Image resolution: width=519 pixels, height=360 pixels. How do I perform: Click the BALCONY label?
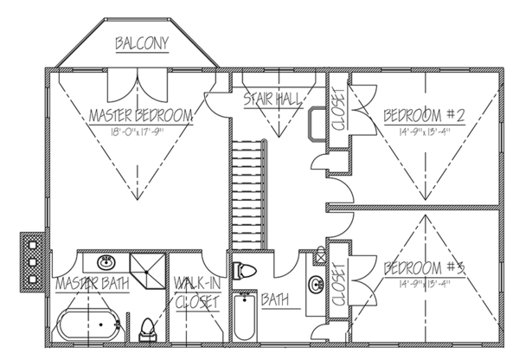142,43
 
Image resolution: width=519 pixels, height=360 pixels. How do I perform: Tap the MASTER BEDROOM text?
140,115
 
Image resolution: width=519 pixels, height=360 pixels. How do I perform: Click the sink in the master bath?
106,262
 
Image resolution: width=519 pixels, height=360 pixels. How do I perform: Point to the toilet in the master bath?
147,328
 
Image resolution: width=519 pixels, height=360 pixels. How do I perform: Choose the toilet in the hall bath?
245,269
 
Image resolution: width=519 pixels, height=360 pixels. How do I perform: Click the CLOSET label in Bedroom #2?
337,108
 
